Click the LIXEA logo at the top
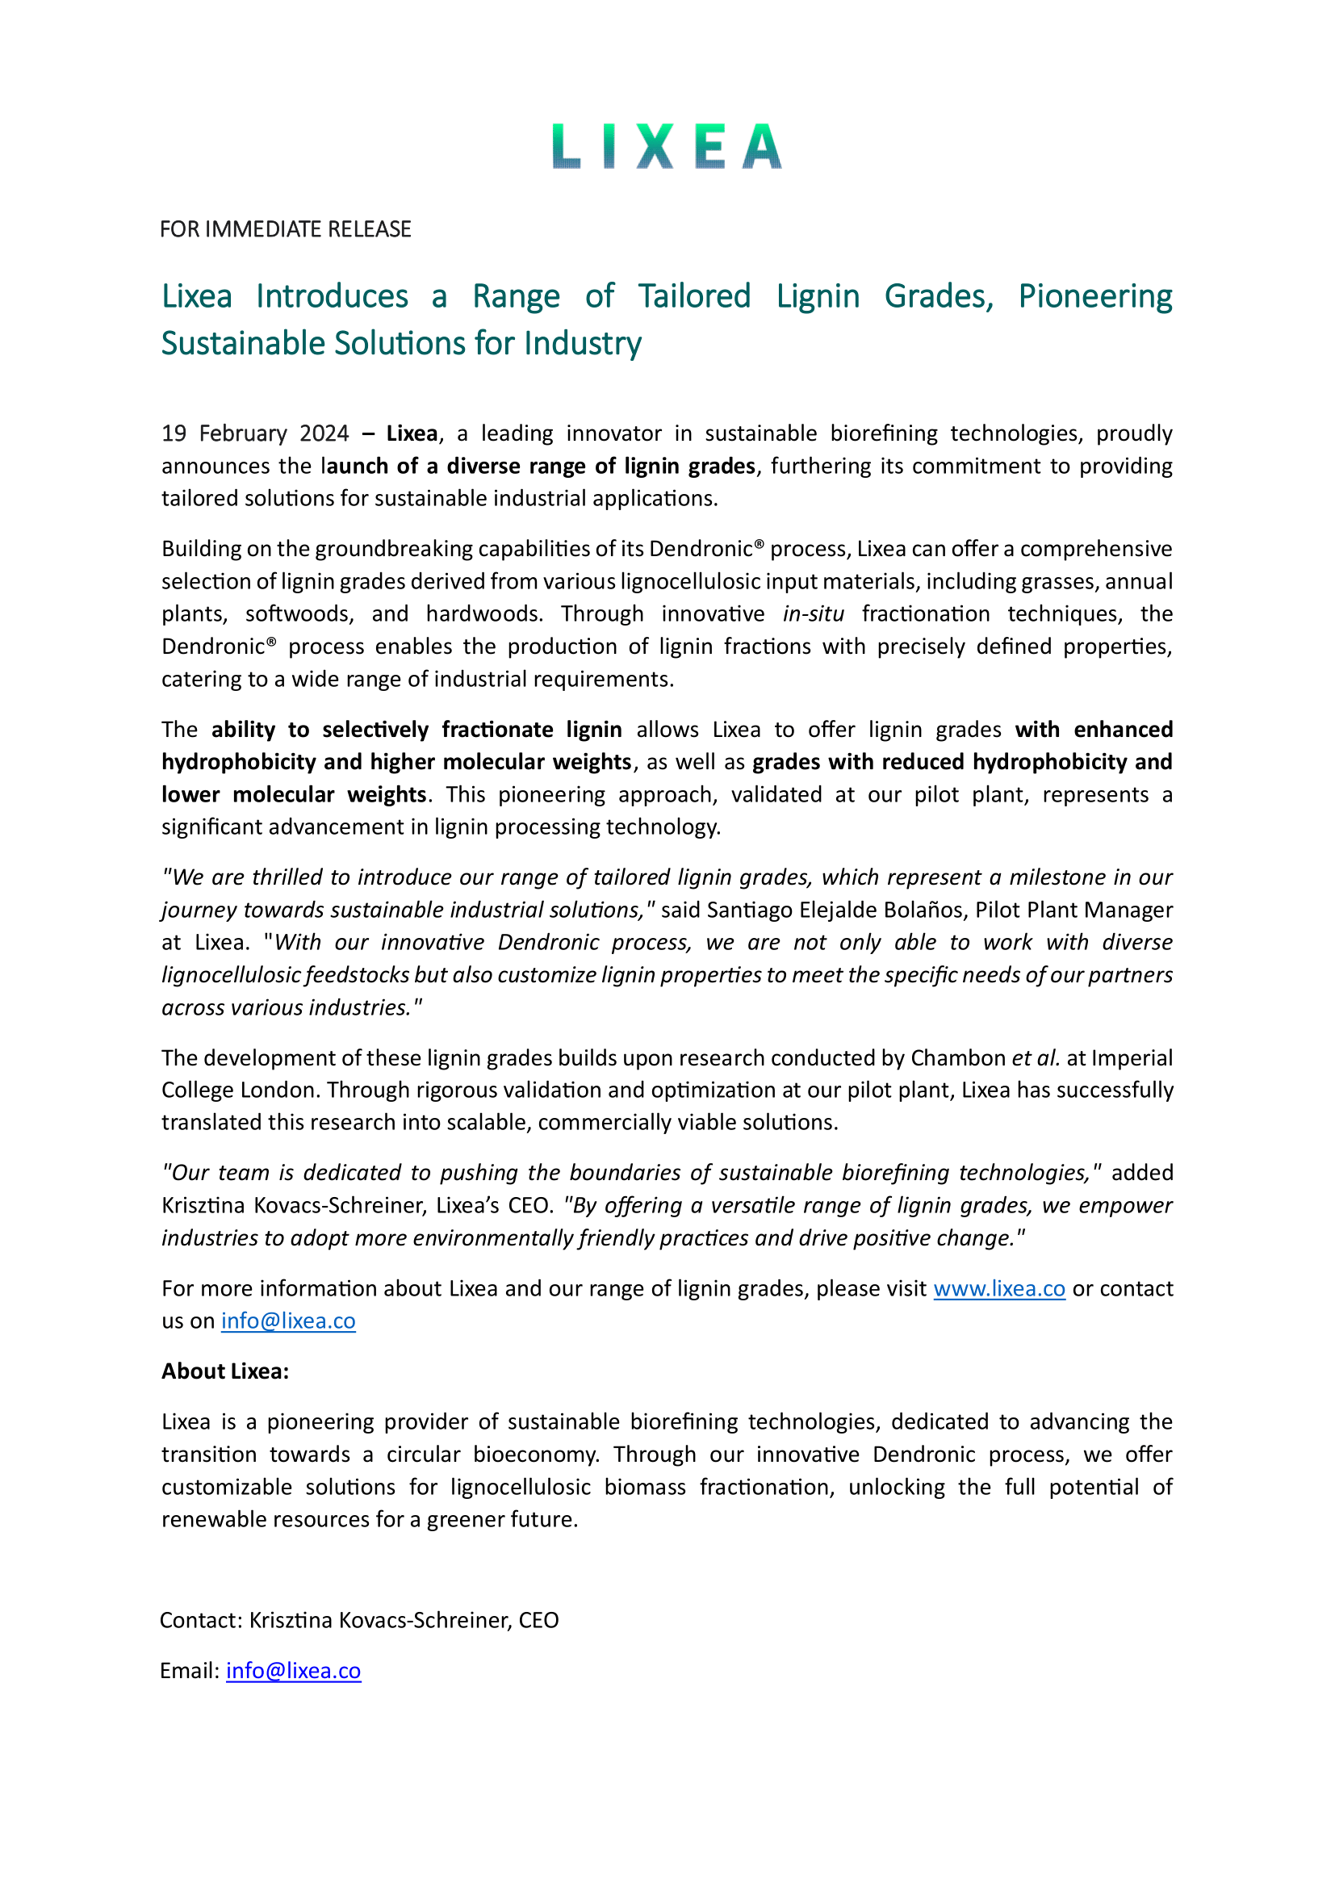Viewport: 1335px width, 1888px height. (667, 146)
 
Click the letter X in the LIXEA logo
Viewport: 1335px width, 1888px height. (655, 147)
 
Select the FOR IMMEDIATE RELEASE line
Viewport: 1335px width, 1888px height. (285, 228)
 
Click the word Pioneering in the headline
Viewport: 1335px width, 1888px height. (1095, 296)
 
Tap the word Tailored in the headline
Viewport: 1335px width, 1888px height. (695, 296)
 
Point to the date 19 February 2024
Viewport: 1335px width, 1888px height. (255, 433)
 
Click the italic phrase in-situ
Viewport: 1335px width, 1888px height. (813, 613)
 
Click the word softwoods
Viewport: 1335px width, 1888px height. (299, 613)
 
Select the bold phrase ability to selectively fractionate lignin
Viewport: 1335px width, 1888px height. (416, 730)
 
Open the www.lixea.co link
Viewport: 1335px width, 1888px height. (998, 1288)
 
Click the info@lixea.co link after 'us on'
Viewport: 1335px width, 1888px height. (287, 1321)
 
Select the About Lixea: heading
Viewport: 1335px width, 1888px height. (224, 1371)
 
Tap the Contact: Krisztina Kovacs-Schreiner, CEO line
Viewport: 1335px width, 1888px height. (358, 1620)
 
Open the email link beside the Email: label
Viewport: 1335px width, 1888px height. (294, 1670)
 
